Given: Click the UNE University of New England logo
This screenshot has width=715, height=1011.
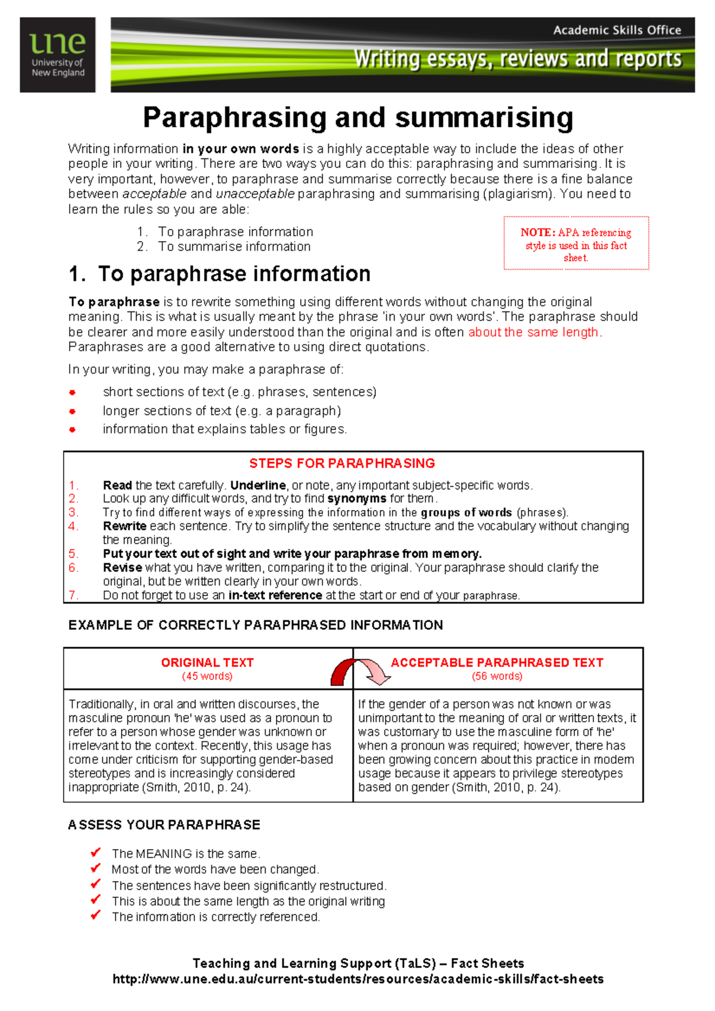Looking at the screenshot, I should [58, 55].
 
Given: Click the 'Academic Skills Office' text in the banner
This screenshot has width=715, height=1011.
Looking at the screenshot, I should [617, 30].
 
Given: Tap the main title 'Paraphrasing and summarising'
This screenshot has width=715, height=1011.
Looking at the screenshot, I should [357, 118].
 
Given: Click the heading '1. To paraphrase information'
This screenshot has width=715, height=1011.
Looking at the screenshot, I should [219, 274].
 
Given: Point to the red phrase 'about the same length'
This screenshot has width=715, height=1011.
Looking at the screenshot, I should [533, 332].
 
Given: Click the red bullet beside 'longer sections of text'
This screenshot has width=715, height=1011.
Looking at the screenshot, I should [72, 411].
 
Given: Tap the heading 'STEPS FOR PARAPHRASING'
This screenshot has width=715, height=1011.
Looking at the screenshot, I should [342, 463].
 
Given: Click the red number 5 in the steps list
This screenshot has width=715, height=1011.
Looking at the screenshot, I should [73, 554].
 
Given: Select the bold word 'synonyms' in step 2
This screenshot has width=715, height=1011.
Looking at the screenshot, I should [356, 499].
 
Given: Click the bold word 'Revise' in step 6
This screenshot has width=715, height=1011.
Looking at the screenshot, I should [122, 567].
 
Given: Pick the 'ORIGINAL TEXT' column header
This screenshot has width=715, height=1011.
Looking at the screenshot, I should [207, 663].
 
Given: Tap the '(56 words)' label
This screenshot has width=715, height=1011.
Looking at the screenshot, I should [497, 676].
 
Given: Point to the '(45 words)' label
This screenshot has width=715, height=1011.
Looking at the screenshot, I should [207, 676].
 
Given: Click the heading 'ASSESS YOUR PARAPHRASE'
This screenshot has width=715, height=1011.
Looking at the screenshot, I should [164, 825].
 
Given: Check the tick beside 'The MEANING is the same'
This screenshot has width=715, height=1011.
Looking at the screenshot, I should [95, 853].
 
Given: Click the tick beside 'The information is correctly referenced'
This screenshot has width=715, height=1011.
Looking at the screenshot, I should [95, 916].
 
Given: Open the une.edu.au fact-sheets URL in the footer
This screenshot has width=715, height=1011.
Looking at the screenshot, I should [357, 979].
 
